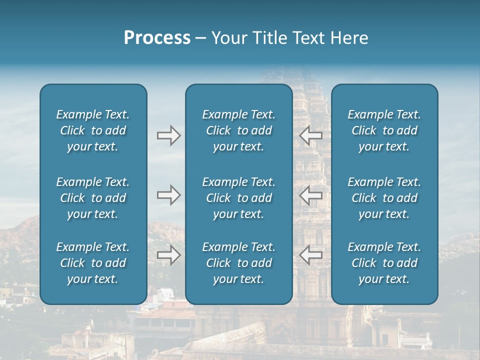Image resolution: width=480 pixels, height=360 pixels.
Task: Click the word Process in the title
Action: coord(157,38)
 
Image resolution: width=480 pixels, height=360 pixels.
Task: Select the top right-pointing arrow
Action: coord(168,135)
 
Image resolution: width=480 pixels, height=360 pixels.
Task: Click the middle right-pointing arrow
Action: coord(168,195)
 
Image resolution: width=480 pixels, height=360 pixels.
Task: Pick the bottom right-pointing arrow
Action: coord(168,255)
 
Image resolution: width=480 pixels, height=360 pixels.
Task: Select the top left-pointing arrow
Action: coord(311,135)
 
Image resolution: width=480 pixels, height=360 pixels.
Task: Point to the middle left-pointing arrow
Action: coord(311,195)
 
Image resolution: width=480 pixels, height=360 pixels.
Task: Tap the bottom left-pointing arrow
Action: coord(311,255)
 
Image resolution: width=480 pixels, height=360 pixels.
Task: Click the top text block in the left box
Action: coord(93,130)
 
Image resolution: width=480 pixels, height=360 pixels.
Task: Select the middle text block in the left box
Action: coord(93,198)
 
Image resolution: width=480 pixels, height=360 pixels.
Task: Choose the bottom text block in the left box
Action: coord(93,263)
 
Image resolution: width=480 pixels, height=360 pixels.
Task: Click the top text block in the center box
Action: coord(239,130)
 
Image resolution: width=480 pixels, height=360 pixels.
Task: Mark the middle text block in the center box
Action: coord(239,198)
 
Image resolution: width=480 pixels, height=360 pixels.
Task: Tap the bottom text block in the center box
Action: coord(239,263)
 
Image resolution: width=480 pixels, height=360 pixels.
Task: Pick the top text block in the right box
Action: coord(384,130)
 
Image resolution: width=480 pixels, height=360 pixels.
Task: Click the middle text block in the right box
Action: coord(384,198)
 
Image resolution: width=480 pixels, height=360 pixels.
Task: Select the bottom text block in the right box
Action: coord(384,263)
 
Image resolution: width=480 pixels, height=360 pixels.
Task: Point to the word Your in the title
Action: coord(226,38)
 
